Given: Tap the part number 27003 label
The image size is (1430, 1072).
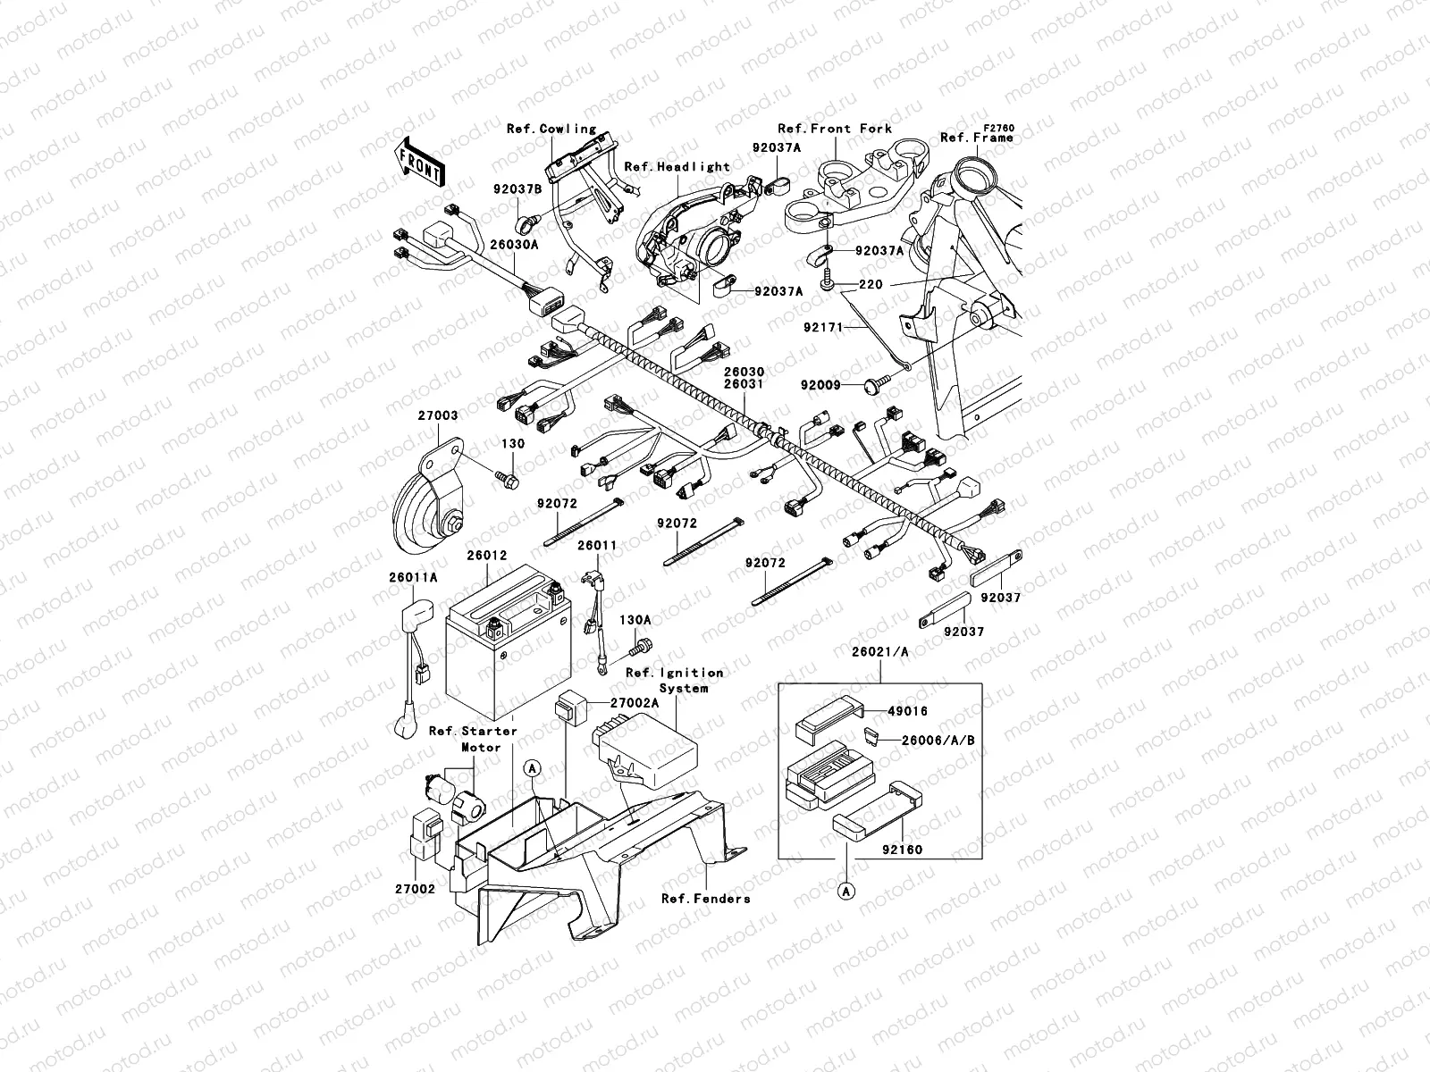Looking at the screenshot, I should [x=437, y=415].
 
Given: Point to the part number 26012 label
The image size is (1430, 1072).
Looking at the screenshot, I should [x=486, y=555].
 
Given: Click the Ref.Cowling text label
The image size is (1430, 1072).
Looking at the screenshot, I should [x=551, y=129].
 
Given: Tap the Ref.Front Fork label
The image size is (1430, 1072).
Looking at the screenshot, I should [x=834, y=129].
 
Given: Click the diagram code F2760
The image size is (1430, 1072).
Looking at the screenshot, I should [x=999, y=129].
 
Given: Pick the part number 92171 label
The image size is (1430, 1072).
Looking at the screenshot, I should [x=822, y=328].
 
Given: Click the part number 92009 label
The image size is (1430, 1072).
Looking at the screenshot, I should [x=820, y=385].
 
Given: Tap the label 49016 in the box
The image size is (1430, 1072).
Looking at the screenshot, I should [x=907, y=711].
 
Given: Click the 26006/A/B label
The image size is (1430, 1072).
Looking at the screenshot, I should [x=938, y=740].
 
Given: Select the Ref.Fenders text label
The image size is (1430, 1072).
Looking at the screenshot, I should [x=705, y=898].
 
